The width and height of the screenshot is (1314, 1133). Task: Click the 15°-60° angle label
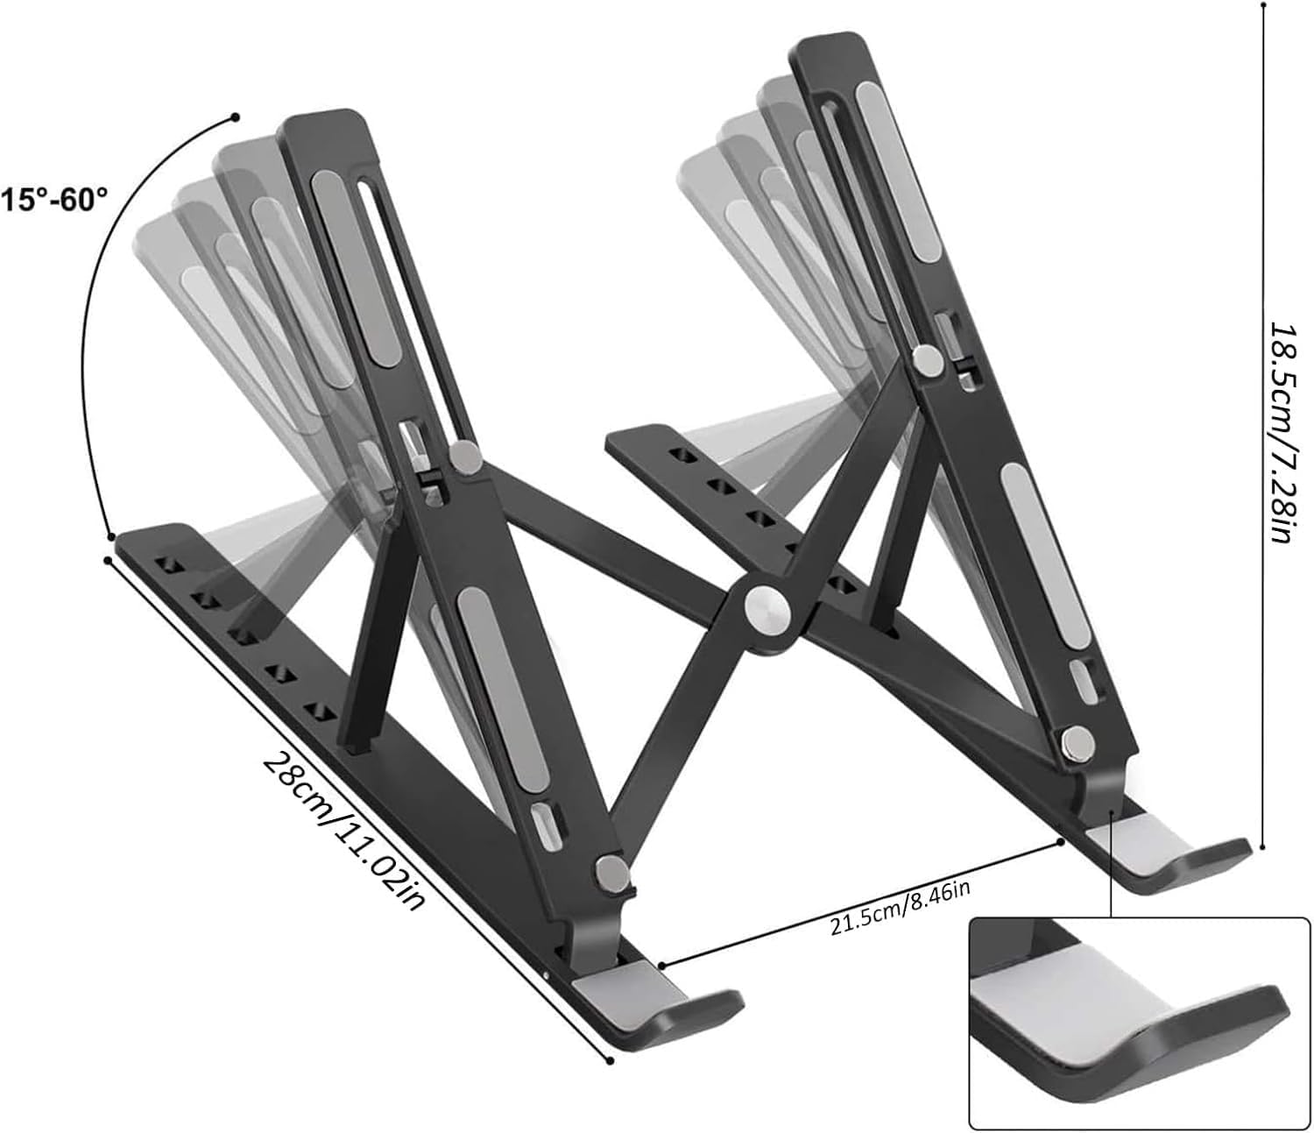click(x=54, y=201)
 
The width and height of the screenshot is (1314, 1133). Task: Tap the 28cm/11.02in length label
click(x=343, y=831)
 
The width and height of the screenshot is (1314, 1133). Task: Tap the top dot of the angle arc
click(x=236, y=117)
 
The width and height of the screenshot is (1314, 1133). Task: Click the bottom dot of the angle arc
click(x=111, y=536)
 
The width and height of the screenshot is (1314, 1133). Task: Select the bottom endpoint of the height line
click(x=1262, y=846)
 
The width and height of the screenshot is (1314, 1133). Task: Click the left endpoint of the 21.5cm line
click(x=662, y=965)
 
